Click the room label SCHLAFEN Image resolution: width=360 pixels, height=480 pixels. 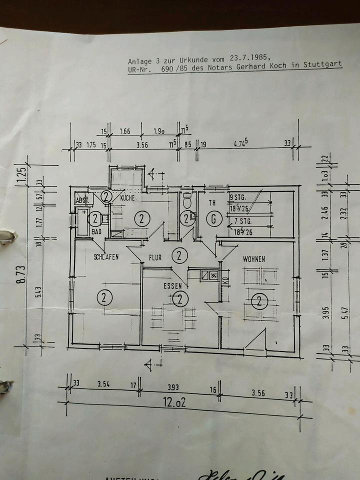(105, 257)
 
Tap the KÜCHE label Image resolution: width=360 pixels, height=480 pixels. (128, 198)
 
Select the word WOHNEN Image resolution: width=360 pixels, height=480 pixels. (253, 259)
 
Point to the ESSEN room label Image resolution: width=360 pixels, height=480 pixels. (171, 286)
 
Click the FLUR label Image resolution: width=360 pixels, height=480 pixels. (155, 258)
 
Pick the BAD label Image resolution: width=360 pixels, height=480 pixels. (95, 232)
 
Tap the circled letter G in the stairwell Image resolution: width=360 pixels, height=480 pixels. (214, 218)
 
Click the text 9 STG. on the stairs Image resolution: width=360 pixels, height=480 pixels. (237, 197)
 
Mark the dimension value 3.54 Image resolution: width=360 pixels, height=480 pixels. (103, 384)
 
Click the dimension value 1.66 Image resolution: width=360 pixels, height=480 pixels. (125, 131)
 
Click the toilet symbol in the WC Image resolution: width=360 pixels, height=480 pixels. (187, 202)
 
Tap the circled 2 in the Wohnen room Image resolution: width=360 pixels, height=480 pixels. (259, 300)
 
